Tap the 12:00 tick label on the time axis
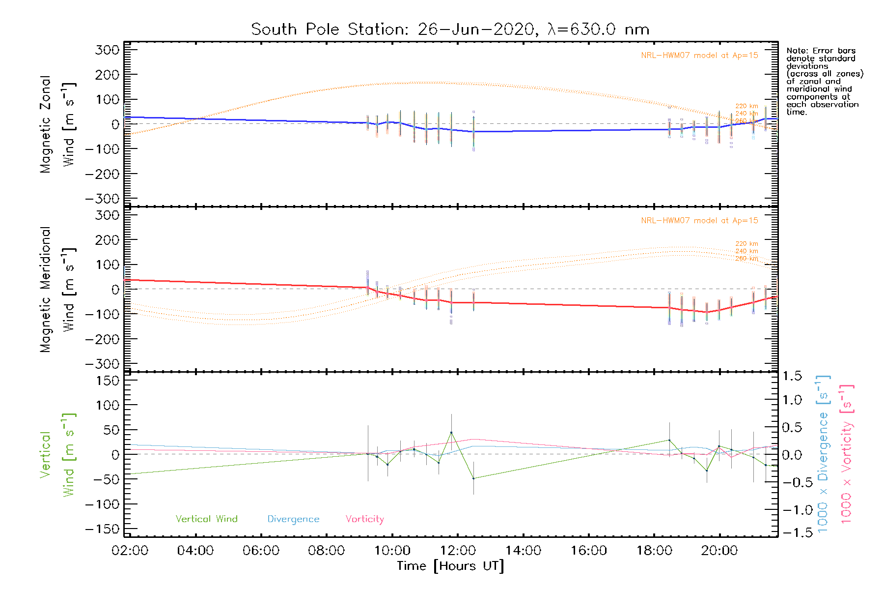click(457, 551)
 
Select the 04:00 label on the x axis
click(195, 551)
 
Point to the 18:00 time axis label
click(654, 551)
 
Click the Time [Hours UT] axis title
click(450, 566)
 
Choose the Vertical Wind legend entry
click(206, 519)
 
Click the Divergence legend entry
click(293, 519)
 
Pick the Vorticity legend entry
click(364, 519)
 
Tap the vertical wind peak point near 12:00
click(451, 433)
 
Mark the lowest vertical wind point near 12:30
click(473, 478)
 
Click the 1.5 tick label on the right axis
click(792, 376)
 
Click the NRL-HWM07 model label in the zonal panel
click(699, 56)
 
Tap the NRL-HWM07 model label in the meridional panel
click(699, 221)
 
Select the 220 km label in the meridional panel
click(746, 244)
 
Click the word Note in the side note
click(797, 51)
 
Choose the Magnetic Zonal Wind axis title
click(57, 124)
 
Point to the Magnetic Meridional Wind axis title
click(57, 290)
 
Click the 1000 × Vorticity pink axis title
click(847, 454)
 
